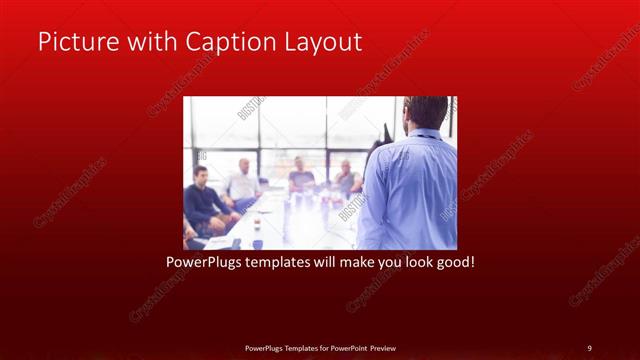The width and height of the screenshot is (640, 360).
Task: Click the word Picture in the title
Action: (73, 43)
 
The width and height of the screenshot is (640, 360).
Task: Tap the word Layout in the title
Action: (317, 43)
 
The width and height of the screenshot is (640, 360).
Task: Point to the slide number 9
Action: (589, 348)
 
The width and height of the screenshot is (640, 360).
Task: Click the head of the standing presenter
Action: (427, 111)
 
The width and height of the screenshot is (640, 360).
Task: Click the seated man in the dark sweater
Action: (203, 200)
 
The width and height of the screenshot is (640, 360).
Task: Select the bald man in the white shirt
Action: (243, 180)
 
